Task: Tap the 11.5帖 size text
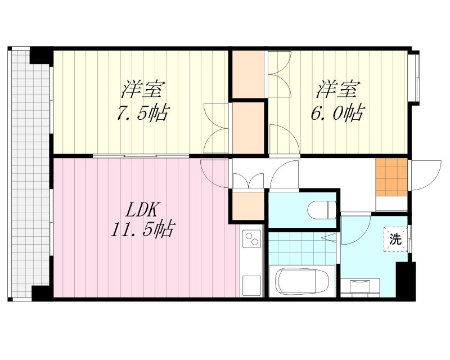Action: (x=143, y=229)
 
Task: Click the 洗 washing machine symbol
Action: (x=396, y=238)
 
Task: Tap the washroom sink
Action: (x=359, y=287)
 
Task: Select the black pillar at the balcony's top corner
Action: (x=40, y=55)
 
